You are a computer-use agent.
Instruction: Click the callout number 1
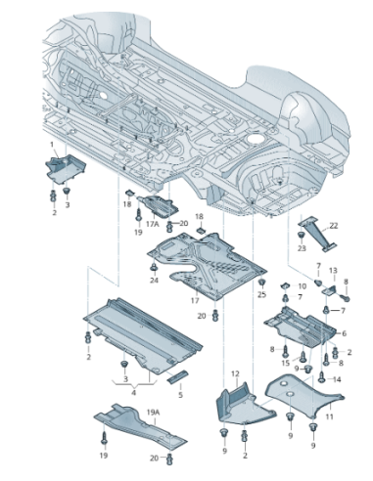pyautogui.click(x=51, y=144)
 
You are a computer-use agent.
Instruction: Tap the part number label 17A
pyautogui.click(x=152, y=224)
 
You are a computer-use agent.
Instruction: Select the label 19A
pyautogui.click(x=152, y=414)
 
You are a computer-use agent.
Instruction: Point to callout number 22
pyautogui.click(x=333, y=226)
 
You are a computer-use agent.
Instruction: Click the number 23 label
pyautogui.click(x=303, y=248)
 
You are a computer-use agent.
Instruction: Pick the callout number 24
pyautogui.click(x=154, y=281)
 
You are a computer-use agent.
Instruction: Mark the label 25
pyautogui.click(x=262, y=294)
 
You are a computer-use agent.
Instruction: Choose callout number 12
pyautogui.click(x=235, y=374)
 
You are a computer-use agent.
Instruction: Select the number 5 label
pyautogui.click(x=179, y=395)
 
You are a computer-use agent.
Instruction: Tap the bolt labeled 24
pyautogui.click(x=153, y=267)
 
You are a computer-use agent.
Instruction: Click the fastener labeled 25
pyautogui.click(x=260, y=283)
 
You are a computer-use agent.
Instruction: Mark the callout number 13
pyautogui.click(x=333, y=270)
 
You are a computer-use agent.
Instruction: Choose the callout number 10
pyautogui.click(x=302, y=285)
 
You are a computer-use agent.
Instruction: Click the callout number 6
pyautogui.click(x=345, y=332)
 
